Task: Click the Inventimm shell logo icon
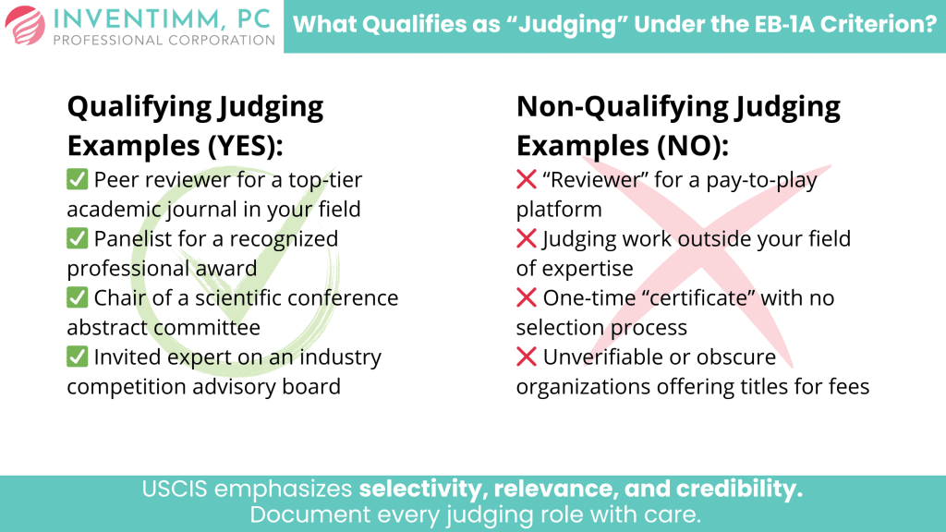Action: tap(23, 26)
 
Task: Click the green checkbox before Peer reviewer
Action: tap(78, 179)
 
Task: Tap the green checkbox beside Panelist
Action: tap(78, 238)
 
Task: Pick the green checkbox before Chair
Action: tap(78, 298)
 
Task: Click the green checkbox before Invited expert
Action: tap(78, 357)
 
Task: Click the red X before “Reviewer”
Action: tap(527, 179)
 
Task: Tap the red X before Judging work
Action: tap(527, 238)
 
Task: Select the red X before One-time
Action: tap(527, 298)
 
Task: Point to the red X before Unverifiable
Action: tap(527, 357)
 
